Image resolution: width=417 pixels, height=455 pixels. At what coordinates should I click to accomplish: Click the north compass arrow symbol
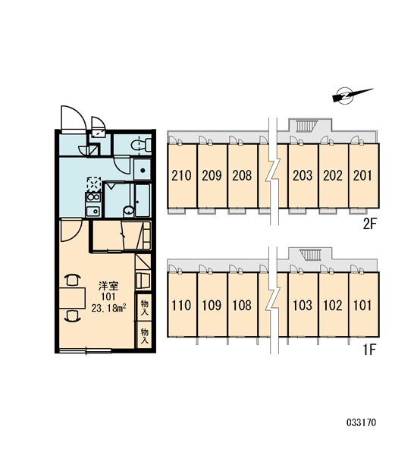click(x=348, y=96)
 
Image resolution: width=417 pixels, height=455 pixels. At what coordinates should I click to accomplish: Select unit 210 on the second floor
click(x=182, y=176)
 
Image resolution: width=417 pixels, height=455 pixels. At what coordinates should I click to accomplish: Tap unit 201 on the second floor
click(x=363, y=176)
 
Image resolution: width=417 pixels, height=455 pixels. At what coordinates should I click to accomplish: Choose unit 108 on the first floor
click(x=243, y=305)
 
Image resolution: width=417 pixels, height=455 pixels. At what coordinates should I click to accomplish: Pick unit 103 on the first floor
click(x=303, y=305)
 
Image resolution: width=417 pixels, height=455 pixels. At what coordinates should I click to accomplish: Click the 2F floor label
click(x=369, y=224)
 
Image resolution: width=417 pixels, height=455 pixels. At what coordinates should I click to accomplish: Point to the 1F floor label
click(x=369, y=350)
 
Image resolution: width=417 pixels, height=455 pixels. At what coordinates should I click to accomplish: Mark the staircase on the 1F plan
click(x=312, y=255)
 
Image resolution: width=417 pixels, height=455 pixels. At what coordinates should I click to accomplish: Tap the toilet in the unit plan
click(x=141, y=145)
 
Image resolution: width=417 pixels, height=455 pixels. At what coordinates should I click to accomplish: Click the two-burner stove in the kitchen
click(x=92, y=197)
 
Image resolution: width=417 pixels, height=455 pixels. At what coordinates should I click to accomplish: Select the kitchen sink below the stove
click(x=92, y=211)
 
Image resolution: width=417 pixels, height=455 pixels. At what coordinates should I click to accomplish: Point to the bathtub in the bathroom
click(x=143, y=199)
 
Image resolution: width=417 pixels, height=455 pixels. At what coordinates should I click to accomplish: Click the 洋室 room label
click(x=108, y=286)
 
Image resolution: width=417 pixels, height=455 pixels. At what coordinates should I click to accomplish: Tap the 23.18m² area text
click(x=108, y=308)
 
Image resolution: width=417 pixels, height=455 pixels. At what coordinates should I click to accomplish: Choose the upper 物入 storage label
click(x=144, y=307)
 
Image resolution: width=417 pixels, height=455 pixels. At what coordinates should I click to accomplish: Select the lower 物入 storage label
click(x=144, y=335)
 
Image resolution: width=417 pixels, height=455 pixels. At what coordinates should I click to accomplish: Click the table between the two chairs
click(x=72, y=298)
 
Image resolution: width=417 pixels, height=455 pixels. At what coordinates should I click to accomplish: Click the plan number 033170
click(x=362, y=422)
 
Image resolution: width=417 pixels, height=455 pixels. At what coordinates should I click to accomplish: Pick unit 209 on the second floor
click(x=212, y=176)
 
